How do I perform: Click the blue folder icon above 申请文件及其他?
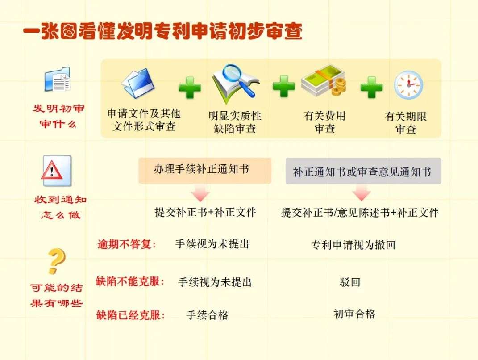click(x=138, y=83)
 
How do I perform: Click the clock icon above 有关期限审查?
click(x=408, y=85)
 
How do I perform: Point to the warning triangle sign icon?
click(x=56, y=171)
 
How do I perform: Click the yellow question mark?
click(x=56, y=262)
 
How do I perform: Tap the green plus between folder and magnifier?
click(x=190, y=88)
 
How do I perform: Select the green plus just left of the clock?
click(x=371, y=87)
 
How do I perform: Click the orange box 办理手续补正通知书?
click(x=205, y=170)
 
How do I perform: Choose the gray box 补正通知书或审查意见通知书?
click(x=363, y=171)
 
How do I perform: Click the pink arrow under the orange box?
click(x=200, y=195)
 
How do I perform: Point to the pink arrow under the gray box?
click(x=361, y=195)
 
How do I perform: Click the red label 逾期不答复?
click(x=127, y=244)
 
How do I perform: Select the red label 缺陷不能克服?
click(x=130, y=282)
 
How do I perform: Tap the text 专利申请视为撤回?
click(x=353, y=245)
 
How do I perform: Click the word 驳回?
click(x=349, y=282)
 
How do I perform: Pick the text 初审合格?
click(x=354, y=314)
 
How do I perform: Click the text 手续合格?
click(x=207, y=315)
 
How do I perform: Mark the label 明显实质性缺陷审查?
click(x=235, y=122)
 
